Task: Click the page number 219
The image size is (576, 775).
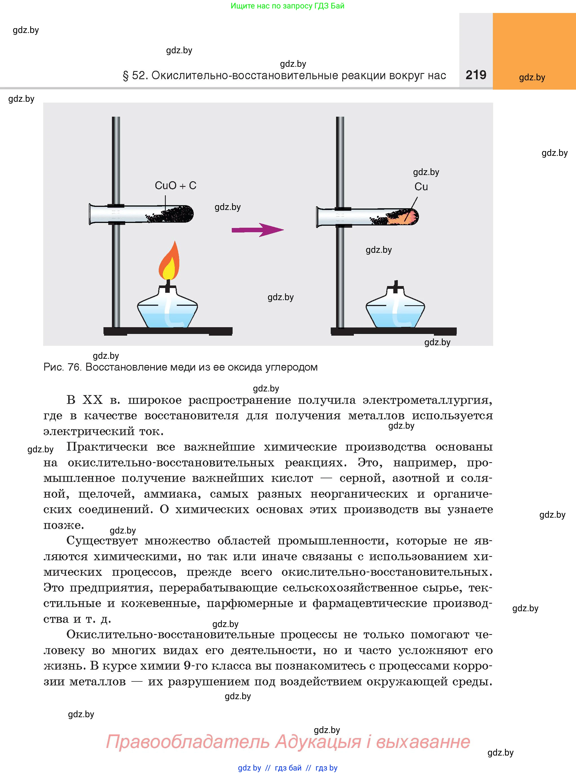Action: tap(476, 75)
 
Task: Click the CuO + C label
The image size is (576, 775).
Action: tap(175, 185)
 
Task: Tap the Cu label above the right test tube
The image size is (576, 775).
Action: tap(421, 187)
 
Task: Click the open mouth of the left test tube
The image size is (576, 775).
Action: tap(91, 214)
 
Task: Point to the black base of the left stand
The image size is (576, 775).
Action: tap(168, 331)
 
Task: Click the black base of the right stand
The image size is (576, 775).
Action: tap(393, 331)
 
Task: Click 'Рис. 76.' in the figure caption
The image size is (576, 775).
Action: tap(62, 367)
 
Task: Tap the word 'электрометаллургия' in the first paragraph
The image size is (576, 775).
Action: tap(427, 400)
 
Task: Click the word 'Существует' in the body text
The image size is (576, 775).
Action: tap(102, 541)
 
